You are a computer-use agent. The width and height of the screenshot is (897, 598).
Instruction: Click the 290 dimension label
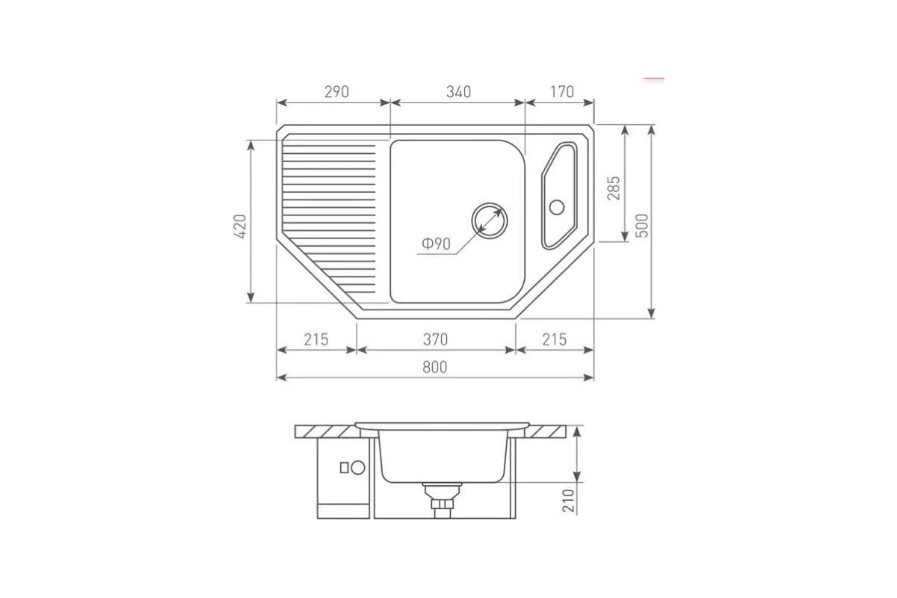336,92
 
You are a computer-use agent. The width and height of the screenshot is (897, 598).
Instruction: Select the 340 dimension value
458,92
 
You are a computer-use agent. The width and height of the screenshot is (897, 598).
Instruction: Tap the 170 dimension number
562,92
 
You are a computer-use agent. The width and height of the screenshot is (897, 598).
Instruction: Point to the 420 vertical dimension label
240,226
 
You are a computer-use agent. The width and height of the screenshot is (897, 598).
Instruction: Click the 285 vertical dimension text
613,188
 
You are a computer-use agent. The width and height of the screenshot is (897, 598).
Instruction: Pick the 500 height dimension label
641,226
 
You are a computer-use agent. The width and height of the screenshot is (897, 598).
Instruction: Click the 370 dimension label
435,339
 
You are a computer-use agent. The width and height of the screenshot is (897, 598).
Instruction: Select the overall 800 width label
435,367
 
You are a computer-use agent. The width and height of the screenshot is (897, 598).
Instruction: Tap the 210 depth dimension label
568,500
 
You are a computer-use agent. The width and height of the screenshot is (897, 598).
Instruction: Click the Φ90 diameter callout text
436,244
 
